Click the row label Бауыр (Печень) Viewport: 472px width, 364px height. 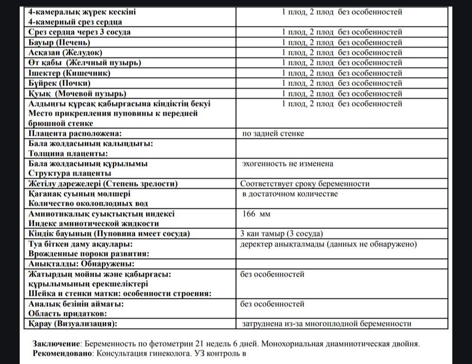pos(64,42)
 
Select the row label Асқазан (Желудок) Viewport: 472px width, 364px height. pos(66,52)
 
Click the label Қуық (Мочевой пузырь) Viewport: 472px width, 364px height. pos(78,93)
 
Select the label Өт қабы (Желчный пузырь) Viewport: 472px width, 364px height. pos(85,63)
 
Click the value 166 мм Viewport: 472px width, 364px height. pos(256,214)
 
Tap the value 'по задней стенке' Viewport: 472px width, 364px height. pos(273,134)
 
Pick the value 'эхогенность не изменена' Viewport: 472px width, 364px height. pos(287,164)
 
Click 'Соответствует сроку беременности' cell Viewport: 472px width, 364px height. pos(304,184)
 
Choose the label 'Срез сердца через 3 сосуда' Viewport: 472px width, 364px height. pos(80,32)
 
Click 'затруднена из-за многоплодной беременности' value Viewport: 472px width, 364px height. pos(326,324)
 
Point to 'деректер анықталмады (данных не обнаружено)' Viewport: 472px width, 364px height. pos(328,244)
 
